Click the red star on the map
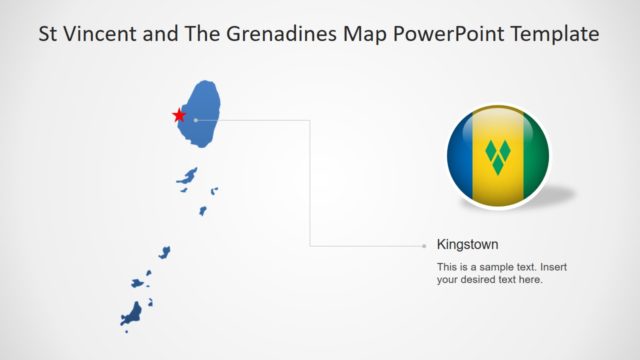tap(180, 114)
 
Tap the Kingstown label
tap(468, 244)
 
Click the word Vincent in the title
tap(101, 34)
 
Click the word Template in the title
tap(553, 34)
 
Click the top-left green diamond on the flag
tap(491, 151)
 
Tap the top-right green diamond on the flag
tap(505, 151)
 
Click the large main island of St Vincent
tap(205, 110)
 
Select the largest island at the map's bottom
tap(132, 314)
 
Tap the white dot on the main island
tap(196, 120)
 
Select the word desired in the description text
tap(483, 280)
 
